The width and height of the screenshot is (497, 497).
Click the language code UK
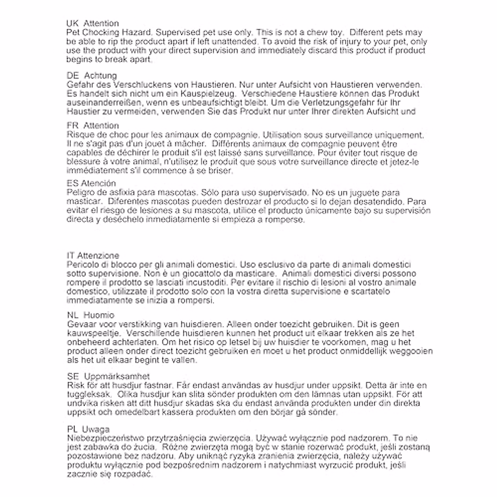click(x=72, y=23)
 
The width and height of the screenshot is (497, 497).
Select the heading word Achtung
click(x=101, y=75)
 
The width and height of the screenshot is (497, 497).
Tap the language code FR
click(x=72, y=125)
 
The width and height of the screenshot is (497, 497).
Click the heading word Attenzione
click(x=98, y=256)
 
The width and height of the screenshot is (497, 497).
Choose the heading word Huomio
click(x=99, y=315)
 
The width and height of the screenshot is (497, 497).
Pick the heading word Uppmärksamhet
click(x=117, y=376)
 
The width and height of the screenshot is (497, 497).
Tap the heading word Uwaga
click(x=96, y=429)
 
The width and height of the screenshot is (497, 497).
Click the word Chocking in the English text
click(x=101, y=32)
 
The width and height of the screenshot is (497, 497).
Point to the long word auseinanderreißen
click(x=104, y=103)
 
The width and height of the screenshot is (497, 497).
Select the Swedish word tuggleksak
click(x=88, y=394)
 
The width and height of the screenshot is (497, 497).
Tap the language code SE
click(x=72, y=376)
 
